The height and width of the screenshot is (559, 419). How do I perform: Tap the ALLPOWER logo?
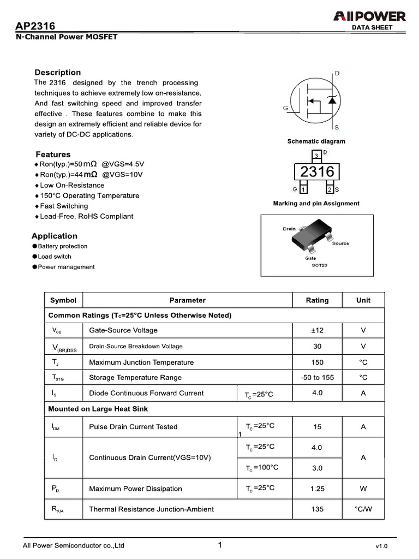pos(369,16)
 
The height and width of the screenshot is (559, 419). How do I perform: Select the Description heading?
pos(57,73)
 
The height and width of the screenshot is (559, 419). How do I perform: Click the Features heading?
pos(53,154)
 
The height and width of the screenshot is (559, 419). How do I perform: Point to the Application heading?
pos(55,236)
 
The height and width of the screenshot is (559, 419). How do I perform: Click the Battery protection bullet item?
pos(62,246)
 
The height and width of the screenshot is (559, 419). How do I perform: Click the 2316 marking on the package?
pos(317,172)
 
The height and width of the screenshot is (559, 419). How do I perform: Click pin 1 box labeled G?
pos(303,189)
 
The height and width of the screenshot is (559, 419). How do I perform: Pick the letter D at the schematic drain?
pos(337,73)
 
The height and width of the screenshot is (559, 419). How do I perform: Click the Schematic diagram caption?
pos(316,141)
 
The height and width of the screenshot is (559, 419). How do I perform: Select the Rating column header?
pos(317,300)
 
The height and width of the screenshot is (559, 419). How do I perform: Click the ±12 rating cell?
pos(317,330)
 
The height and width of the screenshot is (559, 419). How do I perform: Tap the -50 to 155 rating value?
pos(317,377)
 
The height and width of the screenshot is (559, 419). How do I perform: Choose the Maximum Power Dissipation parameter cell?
pos(135,489)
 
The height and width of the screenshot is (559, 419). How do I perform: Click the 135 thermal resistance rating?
pos(317,509)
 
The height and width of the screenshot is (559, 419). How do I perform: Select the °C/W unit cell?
pos(363,509)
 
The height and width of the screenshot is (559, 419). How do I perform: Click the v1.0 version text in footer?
pos(381,546)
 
